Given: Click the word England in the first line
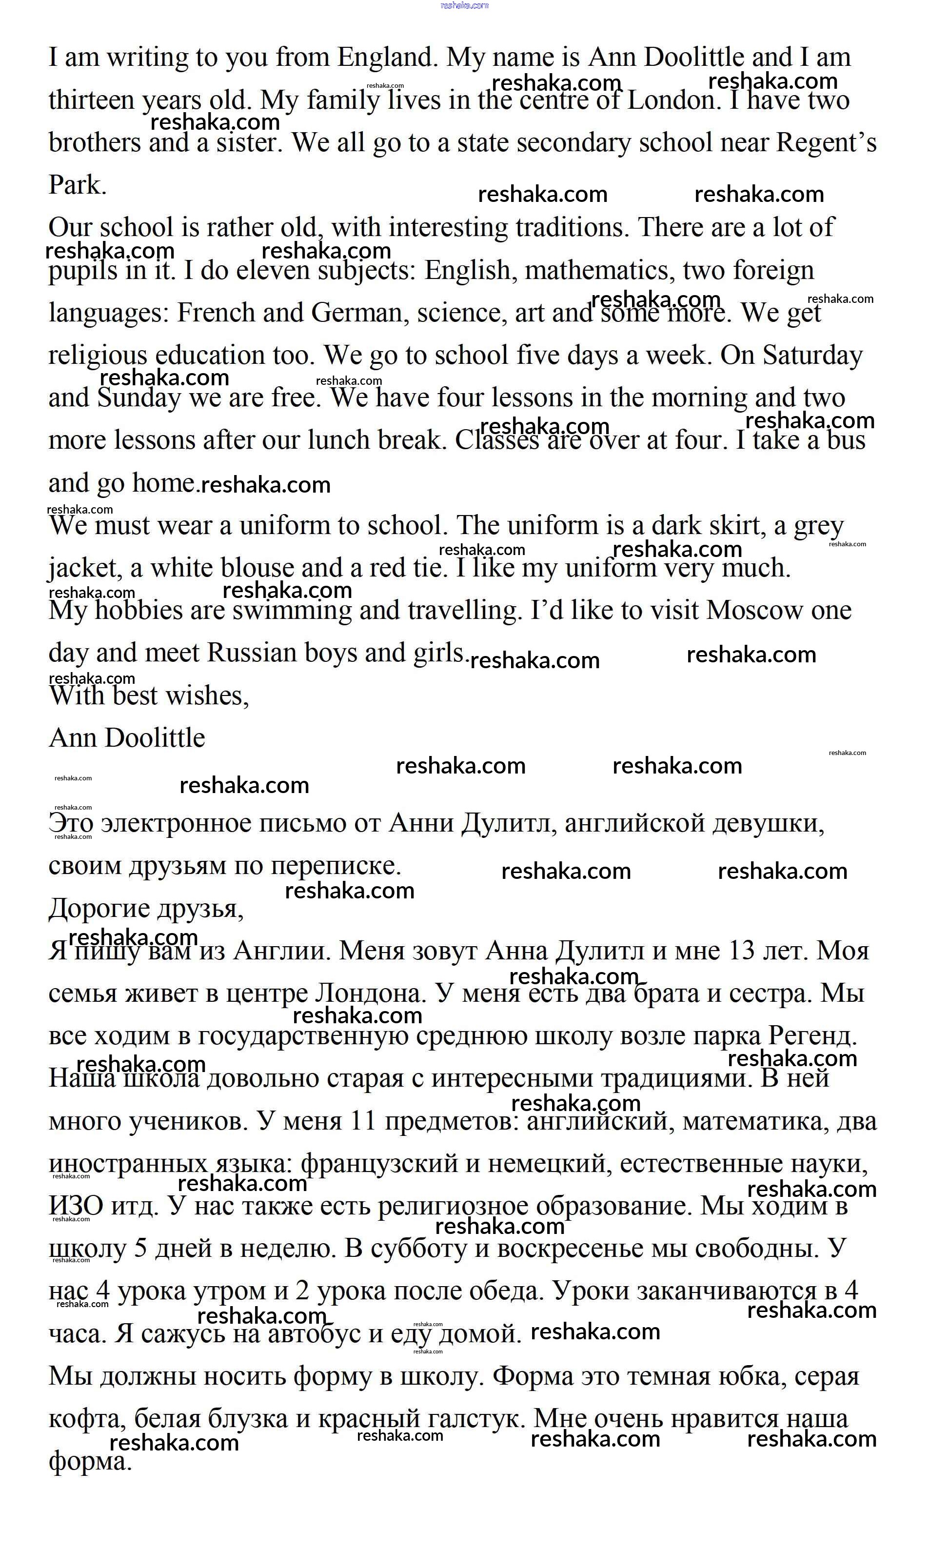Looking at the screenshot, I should point(388,58).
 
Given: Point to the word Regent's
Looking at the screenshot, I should point(826,142).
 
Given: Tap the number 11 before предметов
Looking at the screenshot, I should point(363,1121).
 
